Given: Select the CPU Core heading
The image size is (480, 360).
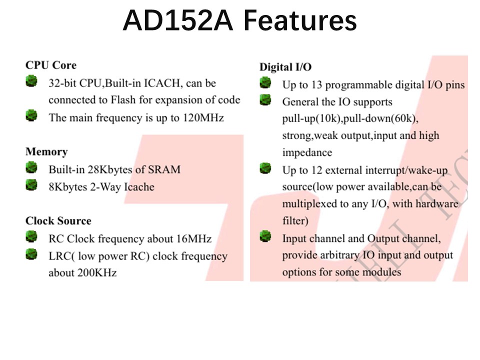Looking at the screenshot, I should pos(50,65).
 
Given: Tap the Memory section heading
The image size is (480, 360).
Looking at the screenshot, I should pos(46,151).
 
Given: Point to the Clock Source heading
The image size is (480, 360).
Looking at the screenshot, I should pos(58,220).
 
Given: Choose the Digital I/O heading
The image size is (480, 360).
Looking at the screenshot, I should pos(285,67).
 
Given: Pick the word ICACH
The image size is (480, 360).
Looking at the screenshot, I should pos(162,83).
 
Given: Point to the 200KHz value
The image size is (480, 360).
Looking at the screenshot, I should pos(97,273).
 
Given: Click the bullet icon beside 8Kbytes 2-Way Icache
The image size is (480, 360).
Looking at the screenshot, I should pos(31,185).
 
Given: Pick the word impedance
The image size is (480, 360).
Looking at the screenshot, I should pos(307,152).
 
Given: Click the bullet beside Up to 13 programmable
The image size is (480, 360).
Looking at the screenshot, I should pos(265,82).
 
